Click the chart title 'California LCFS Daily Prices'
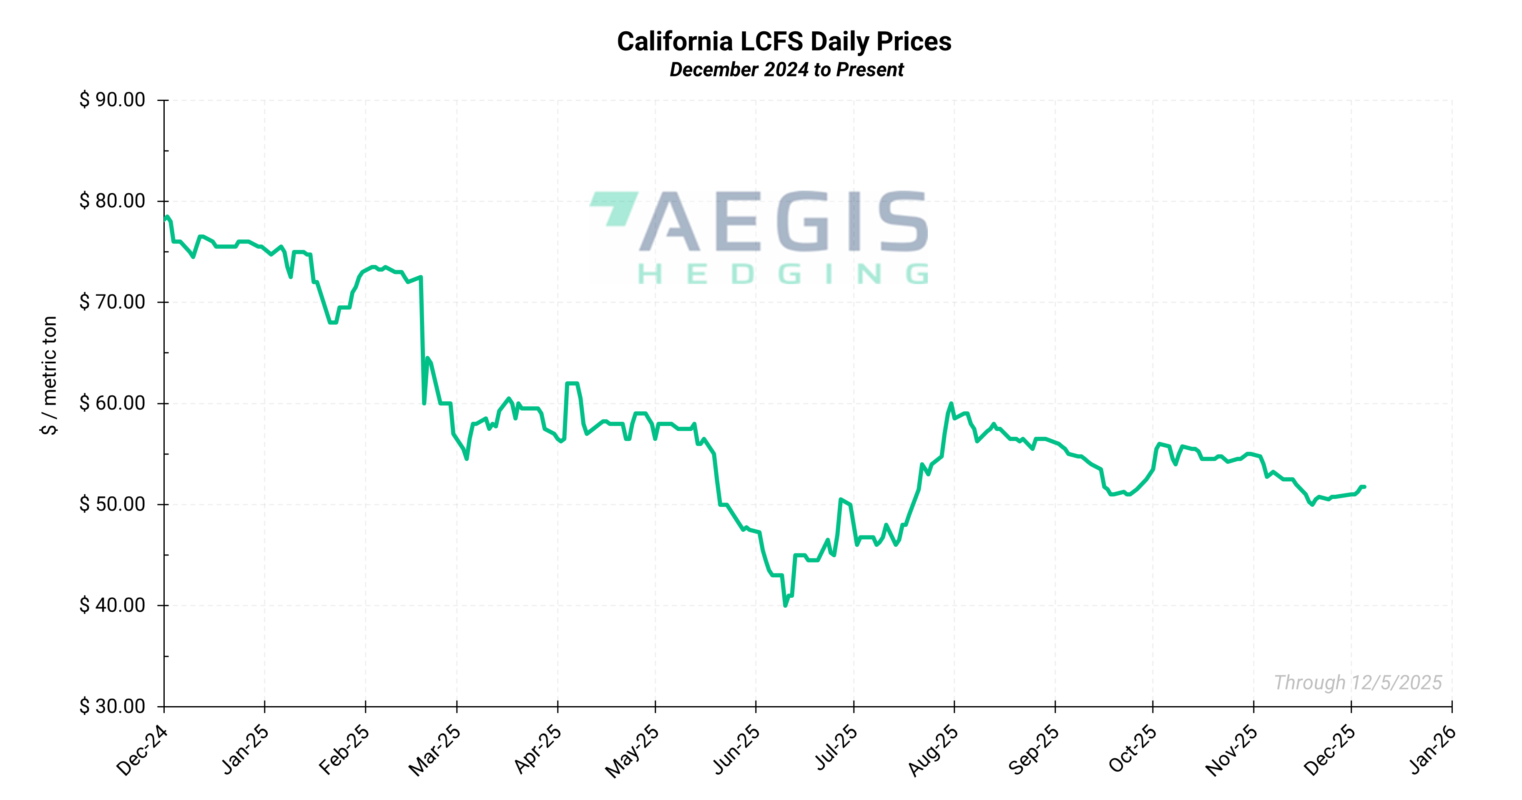click(x=784, y=41)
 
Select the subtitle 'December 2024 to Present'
click(x=786, y=70)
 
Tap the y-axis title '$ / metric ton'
click(x=50, y=375)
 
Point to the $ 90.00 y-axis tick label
click(x=112, y=100)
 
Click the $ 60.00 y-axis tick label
click(x=112, y=403)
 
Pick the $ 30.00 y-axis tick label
click(x=112, y=706)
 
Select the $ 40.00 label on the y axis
click(x=112, y=605)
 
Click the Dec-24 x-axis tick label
click(x=142, y=750)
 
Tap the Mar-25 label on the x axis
click(x=435, y=750)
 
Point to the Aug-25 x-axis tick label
click(x=934, y=750)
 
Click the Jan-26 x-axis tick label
click(x=1432, y=750)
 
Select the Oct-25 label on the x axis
click(x=1133, y=750)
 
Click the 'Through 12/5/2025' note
click(x=1358, y=682)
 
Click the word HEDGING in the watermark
click(x=783, y=274)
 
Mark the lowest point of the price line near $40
click(x=785, y=606)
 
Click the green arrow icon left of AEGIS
click(x=615, y=207)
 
